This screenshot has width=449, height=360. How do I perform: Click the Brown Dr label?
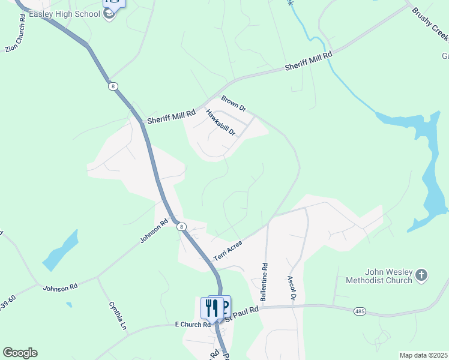pos(234,103)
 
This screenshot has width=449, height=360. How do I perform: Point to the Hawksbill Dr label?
pos(220,122)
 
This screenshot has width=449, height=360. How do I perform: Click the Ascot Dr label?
pos(292,289)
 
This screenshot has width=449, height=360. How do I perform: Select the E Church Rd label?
pos(193,325)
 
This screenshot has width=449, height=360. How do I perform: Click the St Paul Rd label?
pos(243,312)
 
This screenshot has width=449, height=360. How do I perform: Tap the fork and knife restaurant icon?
pos(212,308)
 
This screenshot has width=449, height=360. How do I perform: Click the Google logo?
pos(20,353)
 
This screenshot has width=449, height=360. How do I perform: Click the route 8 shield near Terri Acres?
pos(181,227)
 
